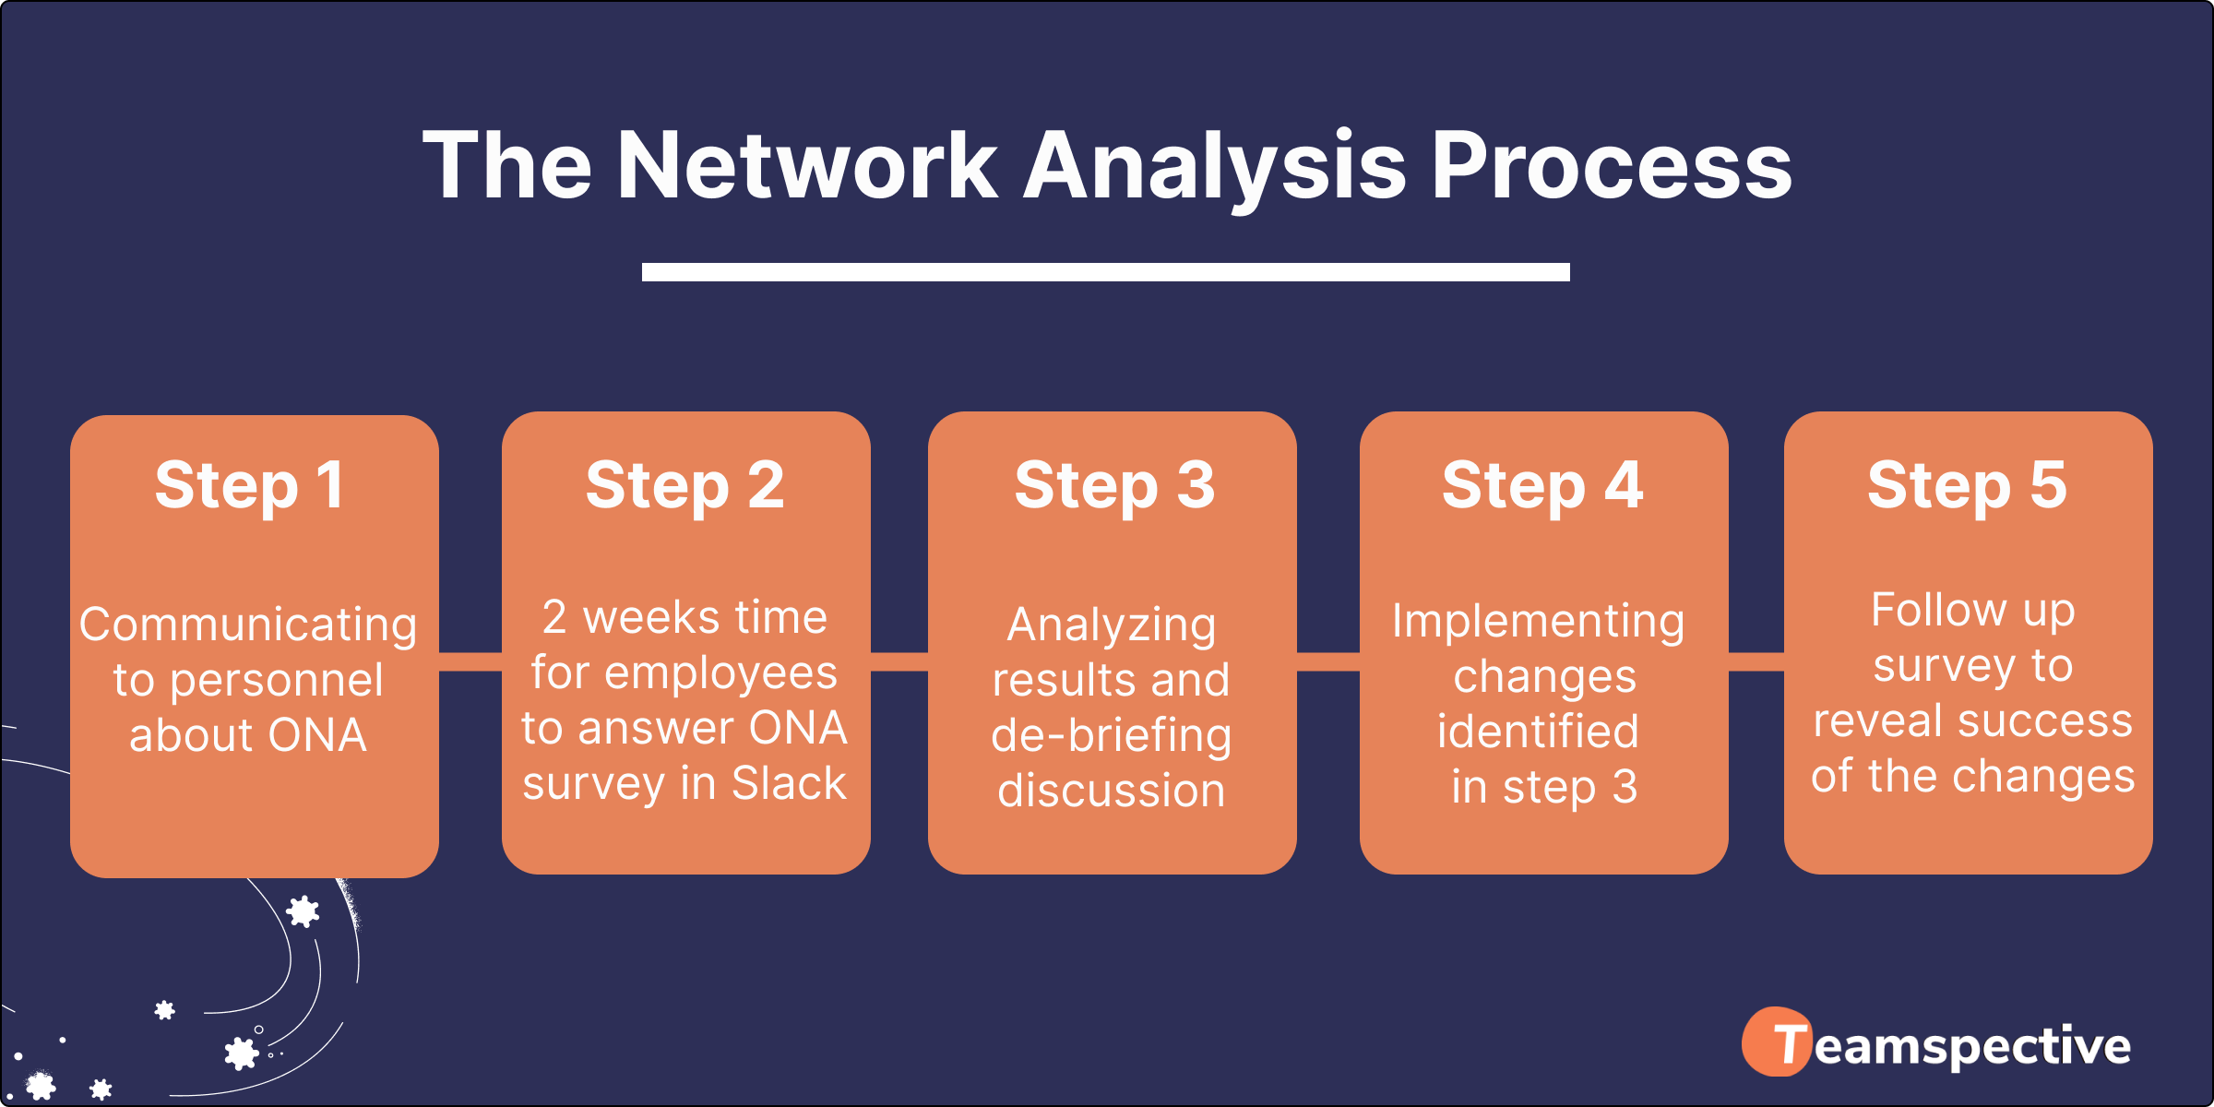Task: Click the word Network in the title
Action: [807, 166]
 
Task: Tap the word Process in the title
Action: [1611, 166]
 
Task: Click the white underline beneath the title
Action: [1105, 272]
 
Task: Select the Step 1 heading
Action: [250, 485]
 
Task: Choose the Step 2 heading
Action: [684, 485]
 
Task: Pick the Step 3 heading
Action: [1114, 485]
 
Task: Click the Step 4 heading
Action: [1542, 485]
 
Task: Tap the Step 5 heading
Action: [1967, 485]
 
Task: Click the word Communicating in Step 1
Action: [248, 625]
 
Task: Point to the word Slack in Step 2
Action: [789, 783]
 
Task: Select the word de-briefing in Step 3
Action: [1111, 736]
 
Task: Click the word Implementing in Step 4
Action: [1538, 621]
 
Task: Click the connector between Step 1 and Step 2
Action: [470, 661]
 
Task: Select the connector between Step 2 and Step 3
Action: [899, 661]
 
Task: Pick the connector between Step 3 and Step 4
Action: [1328, 661]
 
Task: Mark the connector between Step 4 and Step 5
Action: [1756, 661]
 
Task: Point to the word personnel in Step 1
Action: [276, 681]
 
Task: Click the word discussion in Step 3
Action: [1111, 791]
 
